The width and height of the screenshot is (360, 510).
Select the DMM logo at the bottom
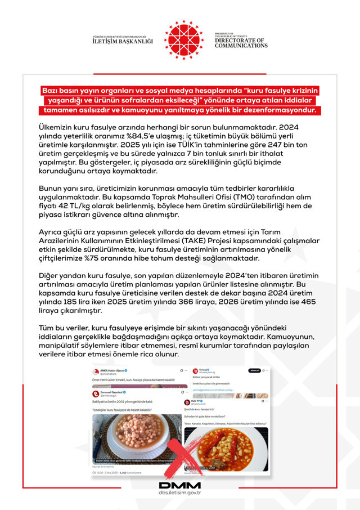[x=180, y=485]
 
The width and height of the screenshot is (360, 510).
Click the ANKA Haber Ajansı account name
[x=112, y=370]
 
